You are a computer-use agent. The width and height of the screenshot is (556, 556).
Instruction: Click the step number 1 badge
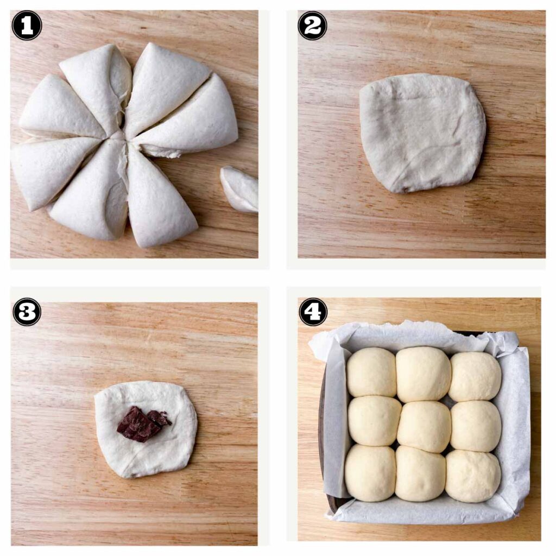click(27, 26)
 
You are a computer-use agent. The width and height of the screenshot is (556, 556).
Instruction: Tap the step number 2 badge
click(312, 26)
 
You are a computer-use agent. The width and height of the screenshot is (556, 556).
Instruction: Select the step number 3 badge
click(27, 312)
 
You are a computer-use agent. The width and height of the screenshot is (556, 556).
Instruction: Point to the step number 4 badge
click(313, 312)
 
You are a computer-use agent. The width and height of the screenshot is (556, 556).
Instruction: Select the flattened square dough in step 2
click(422, 132)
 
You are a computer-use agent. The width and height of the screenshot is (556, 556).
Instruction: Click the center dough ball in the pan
click(424, 426)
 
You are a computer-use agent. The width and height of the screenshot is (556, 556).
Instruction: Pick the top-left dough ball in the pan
click(371, 372)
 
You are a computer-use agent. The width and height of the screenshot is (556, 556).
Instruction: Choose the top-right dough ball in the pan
click(475, 376)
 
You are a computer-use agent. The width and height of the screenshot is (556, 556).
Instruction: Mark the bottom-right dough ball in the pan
click(473, 476)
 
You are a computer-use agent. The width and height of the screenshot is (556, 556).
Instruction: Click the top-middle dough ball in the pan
click(423, 374)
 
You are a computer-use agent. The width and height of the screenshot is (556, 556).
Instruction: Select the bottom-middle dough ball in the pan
click(420, 473)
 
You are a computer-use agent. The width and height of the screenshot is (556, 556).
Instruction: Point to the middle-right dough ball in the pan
click(476, 426)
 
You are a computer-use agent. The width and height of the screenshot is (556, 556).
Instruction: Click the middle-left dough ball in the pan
click(374, 421)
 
